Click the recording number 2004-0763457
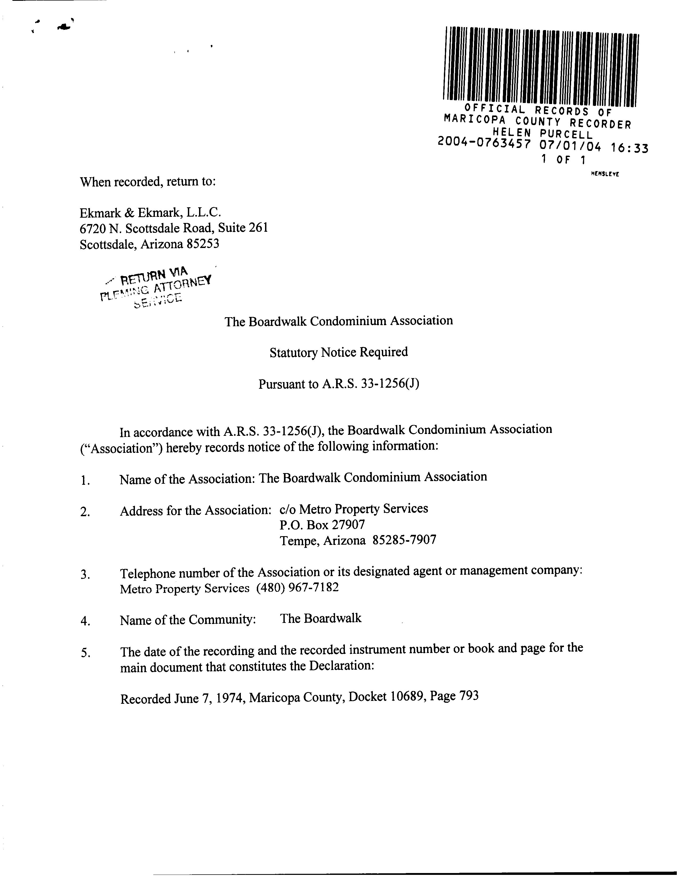484,142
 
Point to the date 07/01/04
570,146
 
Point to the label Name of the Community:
188,620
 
